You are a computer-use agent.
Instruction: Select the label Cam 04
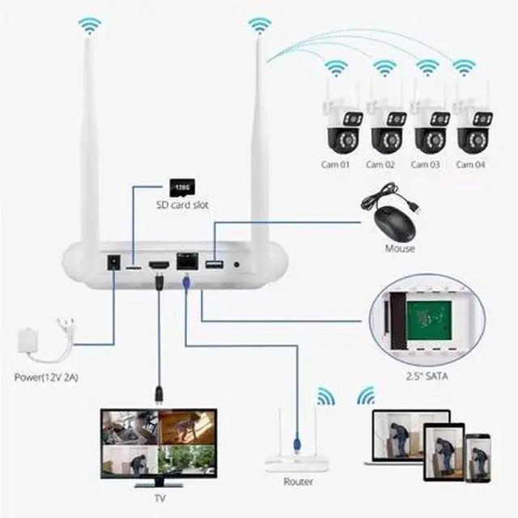(x=470, y=164)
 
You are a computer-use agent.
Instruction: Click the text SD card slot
(x=182, y=206)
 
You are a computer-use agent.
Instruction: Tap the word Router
(x=298, y=482)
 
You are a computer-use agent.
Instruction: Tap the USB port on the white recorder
(x=214, y=265)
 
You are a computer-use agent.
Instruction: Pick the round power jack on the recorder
(x=114, y=264)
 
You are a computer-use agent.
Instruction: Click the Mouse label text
(x=400, y=248)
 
